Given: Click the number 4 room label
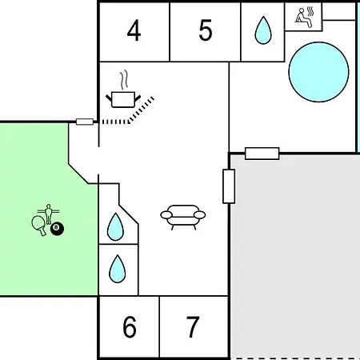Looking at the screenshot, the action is (x=134, y=30).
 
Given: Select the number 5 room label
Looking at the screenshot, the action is (x=206, y=30).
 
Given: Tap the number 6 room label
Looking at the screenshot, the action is (x=130, y=326).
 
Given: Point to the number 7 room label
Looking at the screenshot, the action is (x=193, y=326).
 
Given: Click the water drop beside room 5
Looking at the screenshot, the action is (x=263, y=30).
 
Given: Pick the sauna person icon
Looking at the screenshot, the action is (x=303, y=18).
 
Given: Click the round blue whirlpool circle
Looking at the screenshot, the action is (x=318, y=72).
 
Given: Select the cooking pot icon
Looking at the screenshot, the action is (x=123, y=99).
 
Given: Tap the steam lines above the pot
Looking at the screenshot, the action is (x=124, y=80).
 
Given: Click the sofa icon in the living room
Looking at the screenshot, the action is (x=183, y=217).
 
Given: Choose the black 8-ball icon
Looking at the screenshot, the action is (x=58, y=229).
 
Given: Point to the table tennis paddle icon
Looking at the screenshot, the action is (x=38, y=225).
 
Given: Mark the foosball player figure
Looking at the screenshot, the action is (x=48, y=214).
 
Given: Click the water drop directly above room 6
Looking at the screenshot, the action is (x=118, y=269).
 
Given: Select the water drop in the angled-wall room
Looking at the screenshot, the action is (x=115, y=226).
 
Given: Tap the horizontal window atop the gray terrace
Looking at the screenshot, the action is (x=262, y=154).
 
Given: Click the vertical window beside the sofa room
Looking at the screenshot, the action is (x=229, y=186).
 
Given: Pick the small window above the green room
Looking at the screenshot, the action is (x=85, y=122).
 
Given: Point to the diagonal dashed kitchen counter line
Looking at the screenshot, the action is (x=141, y=110).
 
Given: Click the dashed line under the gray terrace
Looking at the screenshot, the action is (x=295, y=358).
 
